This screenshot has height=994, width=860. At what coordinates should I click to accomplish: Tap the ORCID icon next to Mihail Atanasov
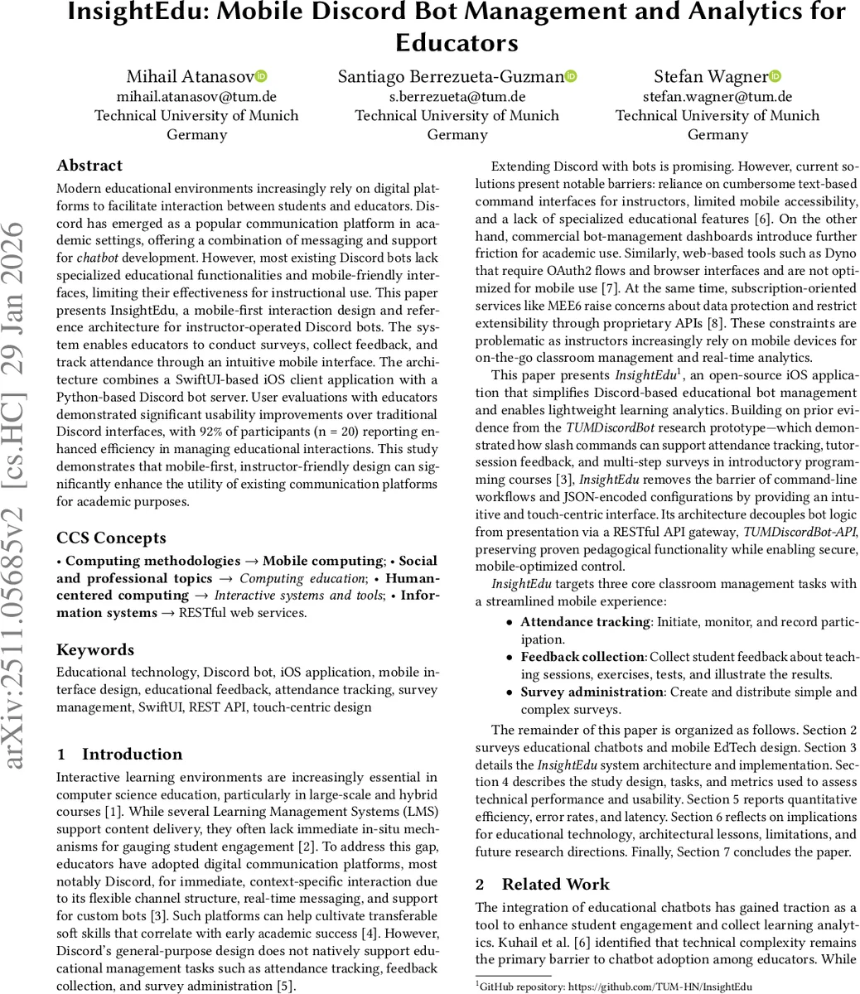[260, 76]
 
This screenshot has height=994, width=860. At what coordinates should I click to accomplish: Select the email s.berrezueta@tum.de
[457, 97]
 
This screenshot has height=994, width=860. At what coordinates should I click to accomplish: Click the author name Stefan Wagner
[710, 77]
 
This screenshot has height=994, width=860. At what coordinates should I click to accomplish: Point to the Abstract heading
[89, 166]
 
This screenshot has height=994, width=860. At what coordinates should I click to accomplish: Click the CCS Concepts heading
[111, 538]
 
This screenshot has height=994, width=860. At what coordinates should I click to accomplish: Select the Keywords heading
[94, 649]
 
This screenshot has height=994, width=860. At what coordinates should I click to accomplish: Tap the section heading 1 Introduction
[119, 754]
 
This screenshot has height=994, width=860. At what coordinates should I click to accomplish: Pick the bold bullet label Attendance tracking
[585, 622]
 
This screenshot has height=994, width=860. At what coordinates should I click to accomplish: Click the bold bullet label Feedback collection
[582, 657]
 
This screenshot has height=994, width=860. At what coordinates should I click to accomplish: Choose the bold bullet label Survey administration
[592, 692]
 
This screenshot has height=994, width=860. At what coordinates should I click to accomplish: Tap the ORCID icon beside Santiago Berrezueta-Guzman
[571, 76]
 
